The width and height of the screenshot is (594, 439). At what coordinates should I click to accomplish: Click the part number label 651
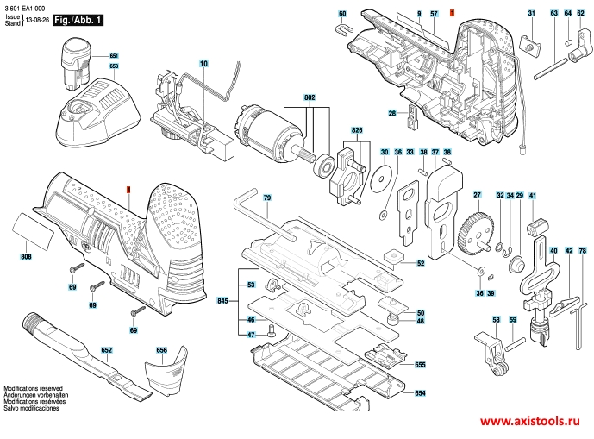[x=114, y=56]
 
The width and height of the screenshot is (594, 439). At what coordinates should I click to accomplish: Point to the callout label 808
[x=26, y=257]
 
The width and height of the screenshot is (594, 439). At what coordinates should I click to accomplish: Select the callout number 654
[x=420, y=393]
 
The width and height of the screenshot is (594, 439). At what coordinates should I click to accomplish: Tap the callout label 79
[x=267, y=199]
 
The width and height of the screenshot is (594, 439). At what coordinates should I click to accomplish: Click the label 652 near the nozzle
[x=106, y=351]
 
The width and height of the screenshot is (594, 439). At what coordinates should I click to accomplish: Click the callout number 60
[x=342, y=14]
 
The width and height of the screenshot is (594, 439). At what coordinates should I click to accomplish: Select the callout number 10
[x=203, y=64]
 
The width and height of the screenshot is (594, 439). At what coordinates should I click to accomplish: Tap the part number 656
[x=161, y=350]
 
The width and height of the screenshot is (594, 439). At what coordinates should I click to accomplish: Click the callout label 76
[x=583, y=251]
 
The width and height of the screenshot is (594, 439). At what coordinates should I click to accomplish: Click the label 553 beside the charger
[x=114, y=66]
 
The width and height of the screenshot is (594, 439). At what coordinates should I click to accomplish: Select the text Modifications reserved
[x=33, y=389]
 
